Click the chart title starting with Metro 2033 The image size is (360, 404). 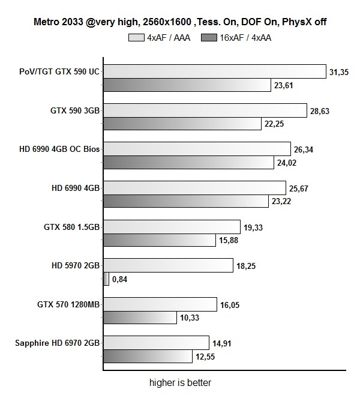pyautogui.click(x=179, y=22)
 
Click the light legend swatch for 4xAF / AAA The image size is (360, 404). pyautogui.click(x=135, y=37)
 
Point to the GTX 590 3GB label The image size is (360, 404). pyautogui.click(x=74, y=110)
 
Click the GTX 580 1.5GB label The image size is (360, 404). pyautogui.click(x=71, y=227)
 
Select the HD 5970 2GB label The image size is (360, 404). pyautogui.click(x=76, y=265)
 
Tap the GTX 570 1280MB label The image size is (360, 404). pyautogui.click(x=67, y=304)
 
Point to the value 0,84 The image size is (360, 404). pyautogui.click(x=120, y=279)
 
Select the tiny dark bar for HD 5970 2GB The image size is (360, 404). pyautogui.click(x=106, y=279)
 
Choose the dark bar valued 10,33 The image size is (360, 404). pyautogui.click(x=140, y=317)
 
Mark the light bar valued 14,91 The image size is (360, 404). pyautogui.click(x=156, y=343)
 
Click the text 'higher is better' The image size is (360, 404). pyautogui.click(x=180, y=382)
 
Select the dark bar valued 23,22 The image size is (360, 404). pyautogui.click(x=186, y=200)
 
